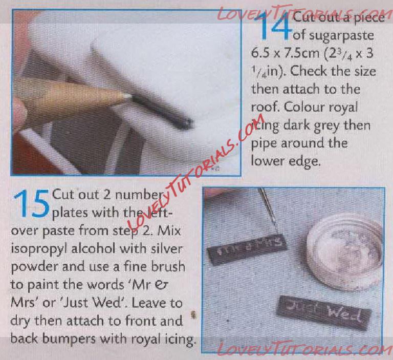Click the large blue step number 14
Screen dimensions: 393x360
tap(275, 26)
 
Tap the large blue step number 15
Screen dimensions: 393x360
tap(31, 204)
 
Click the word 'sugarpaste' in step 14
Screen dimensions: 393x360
tap(333, 35)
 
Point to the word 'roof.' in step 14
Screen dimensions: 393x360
tap(266, 108)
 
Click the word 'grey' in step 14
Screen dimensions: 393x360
tap(327, 126)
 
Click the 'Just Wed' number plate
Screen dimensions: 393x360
tap(323, 312)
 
